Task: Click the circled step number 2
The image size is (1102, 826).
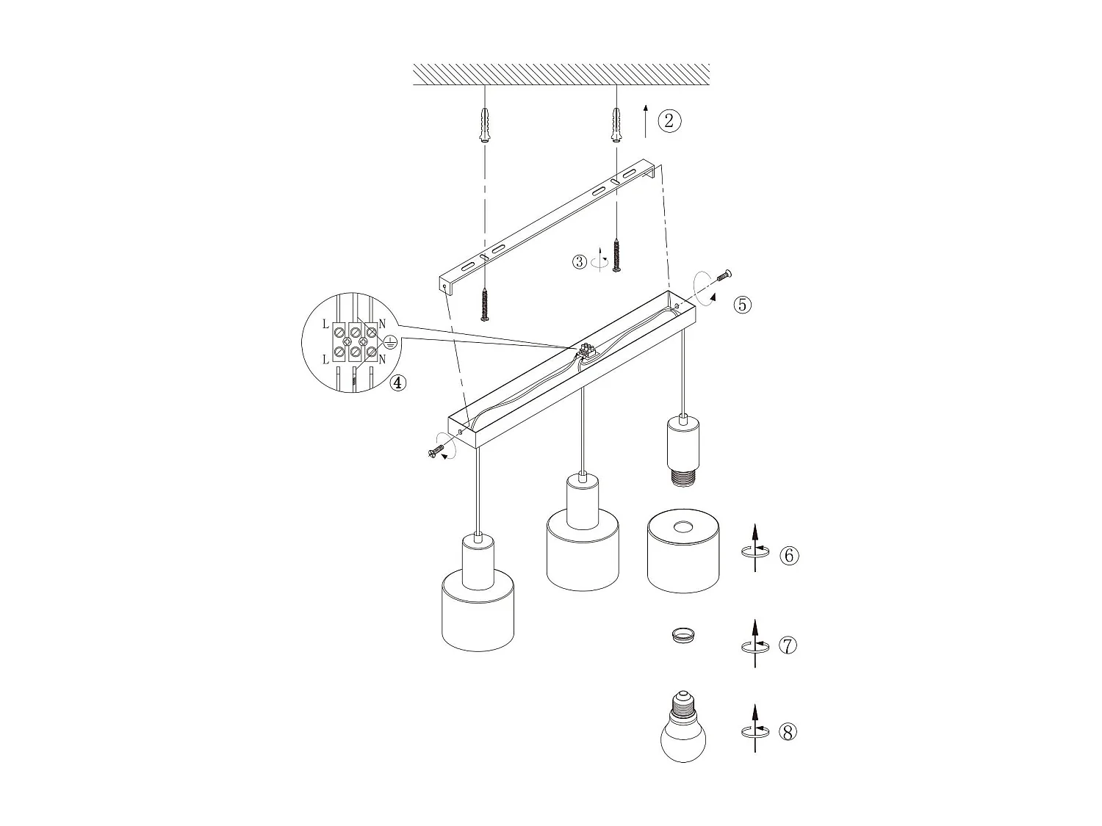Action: [669, 120]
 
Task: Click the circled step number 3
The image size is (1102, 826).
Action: [580, 261]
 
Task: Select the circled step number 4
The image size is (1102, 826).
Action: [397, 383]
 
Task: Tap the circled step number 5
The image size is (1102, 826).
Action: [743, 304]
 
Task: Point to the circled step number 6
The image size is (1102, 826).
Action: [789, 555]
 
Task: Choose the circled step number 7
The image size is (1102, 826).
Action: [787, 645]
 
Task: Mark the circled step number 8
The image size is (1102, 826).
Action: [787, 731]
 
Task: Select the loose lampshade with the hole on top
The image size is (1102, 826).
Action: [683, 551]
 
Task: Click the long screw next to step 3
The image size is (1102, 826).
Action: [616, 255]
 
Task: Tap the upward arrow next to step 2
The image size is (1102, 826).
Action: [645, 120]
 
